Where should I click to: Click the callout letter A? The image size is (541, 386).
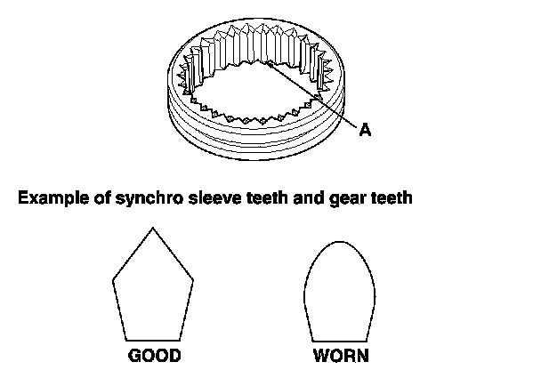[365, 130]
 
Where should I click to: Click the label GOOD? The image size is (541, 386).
[155, 357]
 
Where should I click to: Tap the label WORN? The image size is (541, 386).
[340, 357]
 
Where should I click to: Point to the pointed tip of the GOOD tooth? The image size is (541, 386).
[154, 229]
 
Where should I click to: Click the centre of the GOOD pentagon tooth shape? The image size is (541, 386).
[153, 289]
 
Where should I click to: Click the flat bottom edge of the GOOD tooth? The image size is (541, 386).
[154, 339]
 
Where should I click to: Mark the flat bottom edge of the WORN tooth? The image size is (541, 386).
[340, 339]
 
